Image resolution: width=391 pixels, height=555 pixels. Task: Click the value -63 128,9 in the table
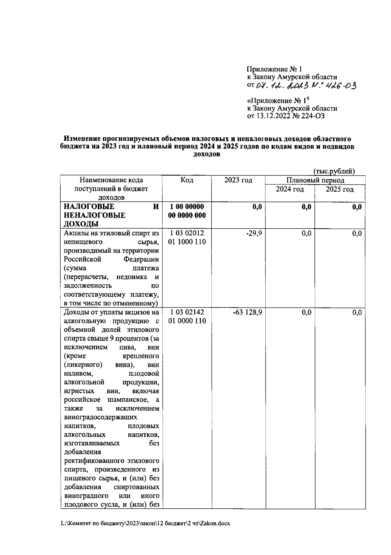point(248,312)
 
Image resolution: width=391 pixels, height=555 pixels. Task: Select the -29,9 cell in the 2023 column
point(254,233)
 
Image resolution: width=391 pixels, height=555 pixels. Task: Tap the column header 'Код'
point(187,180)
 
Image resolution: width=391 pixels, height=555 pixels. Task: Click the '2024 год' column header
point(290,189)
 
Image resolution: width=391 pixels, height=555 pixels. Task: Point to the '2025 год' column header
point(340,189)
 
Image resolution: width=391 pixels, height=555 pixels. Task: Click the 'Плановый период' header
point(315,180)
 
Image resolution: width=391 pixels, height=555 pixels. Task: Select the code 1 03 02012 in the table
point(187,233)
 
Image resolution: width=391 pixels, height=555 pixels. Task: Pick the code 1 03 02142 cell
point(187,312)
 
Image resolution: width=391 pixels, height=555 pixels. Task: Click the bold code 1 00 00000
point(187,207)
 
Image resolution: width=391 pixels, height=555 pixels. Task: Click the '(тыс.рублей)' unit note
point(334,171)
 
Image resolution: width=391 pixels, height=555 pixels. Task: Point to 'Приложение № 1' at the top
point(274,69)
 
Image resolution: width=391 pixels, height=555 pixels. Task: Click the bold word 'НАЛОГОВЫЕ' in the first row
point(89,207)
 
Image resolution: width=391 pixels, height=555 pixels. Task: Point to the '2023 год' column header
point(238,180)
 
